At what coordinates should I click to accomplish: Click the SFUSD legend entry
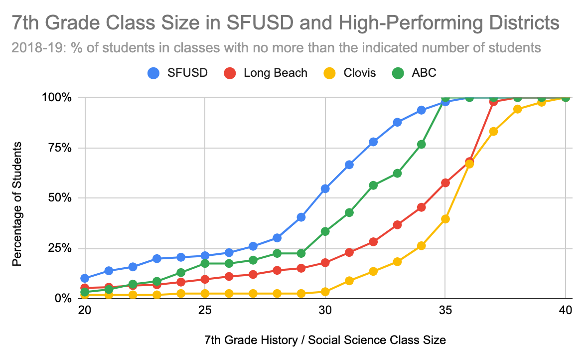[177, 73]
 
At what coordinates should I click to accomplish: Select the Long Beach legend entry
[265, 73]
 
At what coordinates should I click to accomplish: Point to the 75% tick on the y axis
[63, 148]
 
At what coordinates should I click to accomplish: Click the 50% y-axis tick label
[63, 198]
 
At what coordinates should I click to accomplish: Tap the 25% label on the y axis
[63, 248]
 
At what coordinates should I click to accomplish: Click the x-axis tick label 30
[325, 310]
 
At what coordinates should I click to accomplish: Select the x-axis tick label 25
[205, 310]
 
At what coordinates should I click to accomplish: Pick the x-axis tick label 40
[565, 310]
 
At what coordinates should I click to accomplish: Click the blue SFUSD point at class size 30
[325, 188]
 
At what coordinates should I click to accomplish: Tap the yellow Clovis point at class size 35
[445, 219]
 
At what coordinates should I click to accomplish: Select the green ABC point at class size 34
[422, 144]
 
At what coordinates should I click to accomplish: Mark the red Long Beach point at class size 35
[445, 182]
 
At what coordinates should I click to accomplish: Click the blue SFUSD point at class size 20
[85, 278]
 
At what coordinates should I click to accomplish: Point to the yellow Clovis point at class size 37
[493, 131]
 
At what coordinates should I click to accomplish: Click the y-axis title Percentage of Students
[17, 203]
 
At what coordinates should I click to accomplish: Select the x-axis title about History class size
[325, 341]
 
